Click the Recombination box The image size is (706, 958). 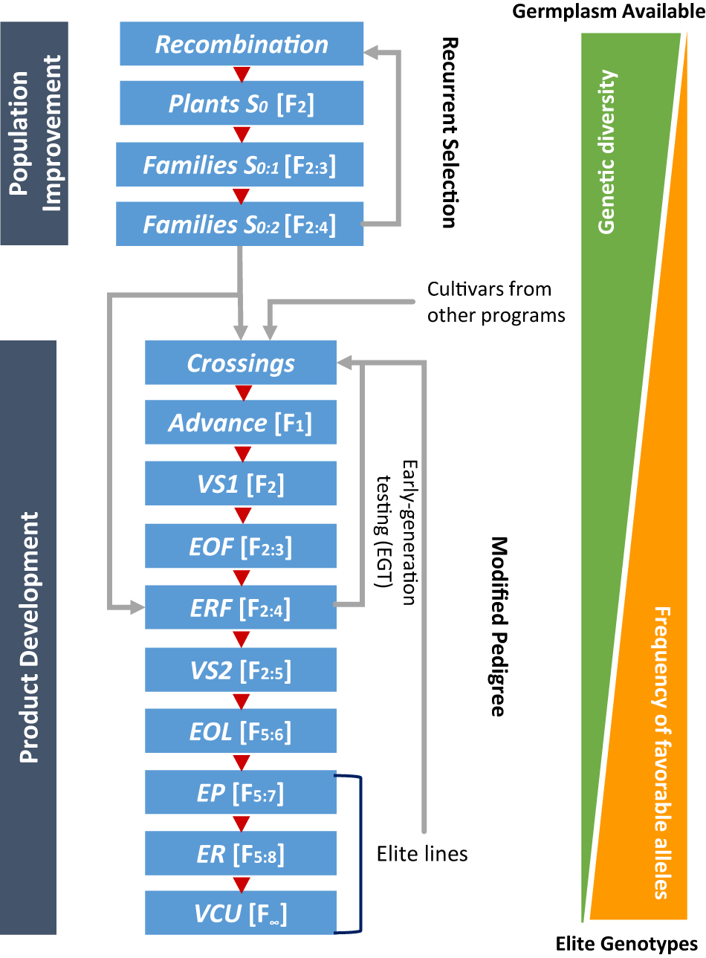(242, 44)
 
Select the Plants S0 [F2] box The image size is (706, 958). (242, 103)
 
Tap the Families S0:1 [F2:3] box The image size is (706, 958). (239, 165)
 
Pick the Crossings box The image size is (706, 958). (241, 363)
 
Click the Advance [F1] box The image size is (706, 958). (241, 423)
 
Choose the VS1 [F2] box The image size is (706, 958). (241, 485)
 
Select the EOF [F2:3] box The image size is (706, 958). (241, 547)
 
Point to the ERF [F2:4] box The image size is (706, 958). (241, 609)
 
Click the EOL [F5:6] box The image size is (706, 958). (241, 732)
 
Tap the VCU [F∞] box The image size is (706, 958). (241, 913)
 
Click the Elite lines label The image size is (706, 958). (422, 854)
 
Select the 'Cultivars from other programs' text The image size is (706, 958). (496, 302)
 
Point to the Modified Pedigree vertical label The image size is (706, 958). (498, 627)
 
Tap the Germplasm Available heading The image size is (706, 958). (608, 11)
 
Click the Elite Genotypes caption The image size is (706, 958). (626, 944)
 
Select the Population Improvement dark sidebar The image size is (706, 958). (34, 134)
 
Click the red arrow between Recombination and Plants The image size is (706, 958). (241, 74)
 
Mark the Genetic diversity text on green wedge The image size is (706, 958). (607, 152)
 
